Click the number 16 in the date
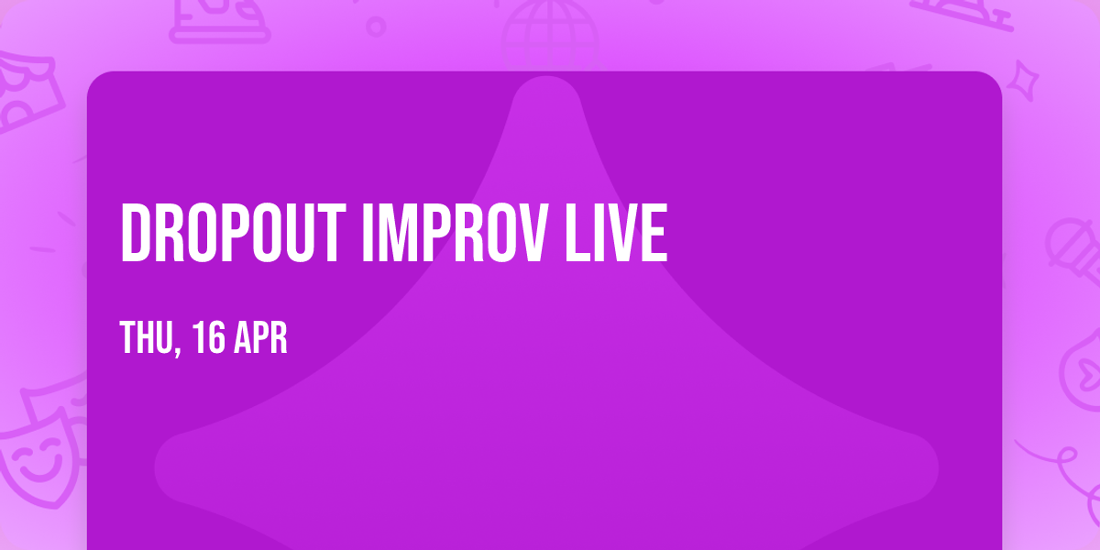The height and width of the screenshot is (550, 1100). pos(208,338)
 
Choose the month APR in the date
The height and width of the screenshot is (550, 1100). pos(261,338)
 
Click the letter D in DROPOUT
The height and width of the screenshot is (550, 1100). pos(135,234)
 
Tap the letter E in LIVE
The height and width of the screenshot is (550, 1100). pos(653,234)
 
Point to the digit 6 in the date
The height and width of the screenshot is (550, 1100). pos(216,338)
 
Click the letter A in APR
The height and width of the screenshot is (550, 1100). pos(243,338)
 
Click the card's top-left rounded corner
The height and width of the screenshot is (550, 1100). pos(95,80)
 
